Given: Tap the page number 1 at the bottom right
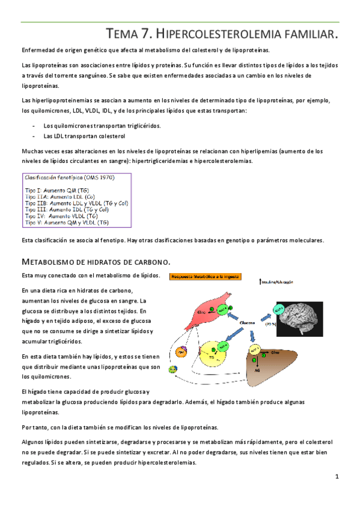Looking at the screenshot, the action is (x=338, y=477).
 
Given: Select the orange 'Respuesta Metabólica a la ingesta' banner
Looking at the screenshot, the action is (x=206, y=277).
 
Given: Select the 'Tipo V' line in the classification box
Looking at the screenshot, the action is (x=67, y=222).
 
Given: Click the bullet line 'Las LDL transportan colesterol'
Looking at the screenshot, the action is (x=80, y=136).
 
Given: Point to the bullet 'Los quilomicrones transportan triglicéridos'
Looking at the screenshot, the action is (x=102, y=126).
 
